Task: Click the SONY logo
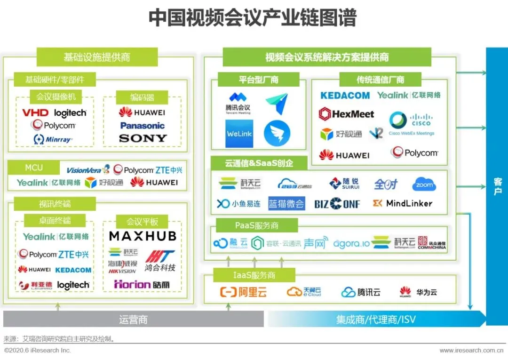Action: coord(143,138)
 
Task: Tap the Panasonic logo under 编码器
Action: coord(143,126)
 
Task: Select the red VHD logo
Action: coord(36,113)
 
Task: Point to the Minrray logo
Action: coord(53,139)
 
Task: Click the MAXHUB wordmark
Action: coord(143,236)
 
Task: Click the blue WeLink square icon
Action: coord(239,134)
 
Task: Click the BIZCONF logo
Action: coord(337,204)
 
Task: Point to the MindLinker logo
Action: coord(402,203)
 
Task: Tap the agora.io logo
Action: coord(351,243)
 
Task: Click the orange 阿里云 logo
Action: coord(243,292)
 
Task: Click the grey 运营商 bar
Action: coord(133,320)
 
